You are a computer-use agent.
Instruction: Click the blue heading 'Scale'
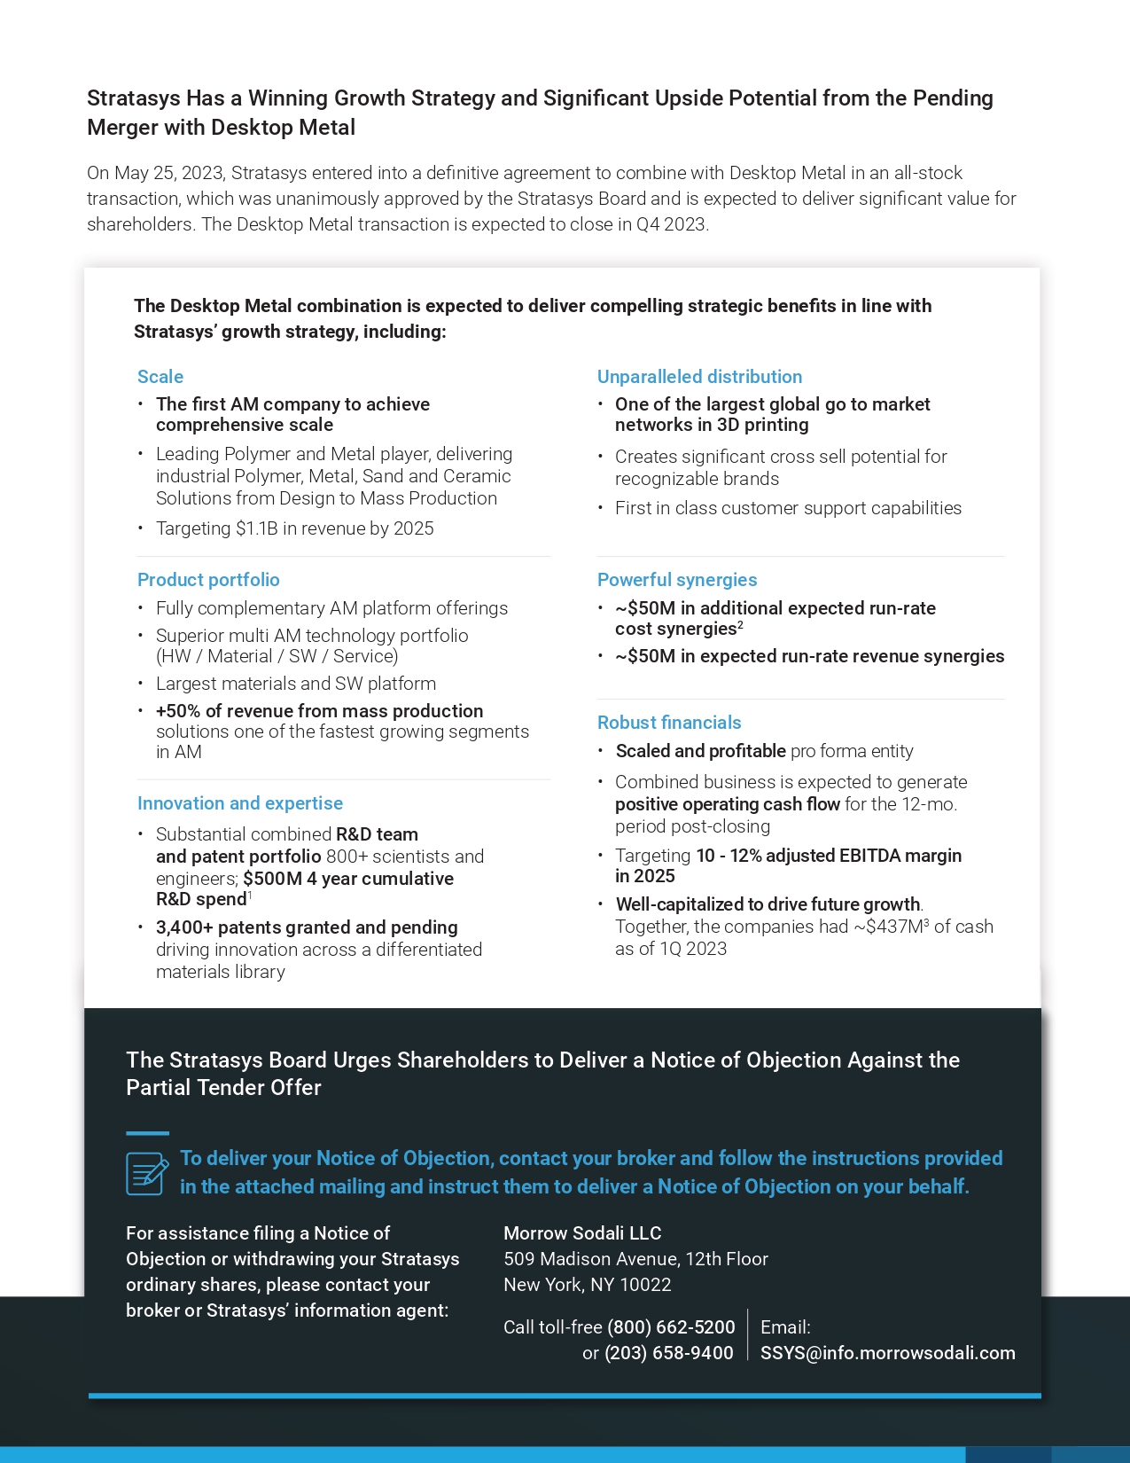(160, 377)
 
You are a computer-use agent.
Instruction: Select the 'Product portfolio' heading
(208, 580)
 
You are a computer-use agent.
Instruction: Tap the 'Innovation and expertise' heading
(240, 803)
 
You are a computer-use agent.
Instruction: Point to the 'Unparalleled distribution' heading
(699, 377)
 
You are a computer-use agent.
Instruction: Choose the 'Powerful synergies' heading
(677, 580)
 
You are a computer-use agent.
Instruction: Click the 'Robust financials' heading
(669, 723)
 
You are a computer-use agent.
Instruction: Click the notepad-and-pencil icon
(146, 1173)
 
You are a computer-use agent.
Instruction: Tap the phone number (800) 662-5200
(671, 1327)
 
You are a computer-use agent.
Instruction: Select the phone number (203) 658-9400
(668, 1353)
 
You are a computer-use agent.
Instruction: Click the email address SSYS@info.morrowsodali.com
(887, 1353)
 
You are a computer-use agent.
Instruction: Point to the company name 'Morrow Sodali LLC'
(582, 1233)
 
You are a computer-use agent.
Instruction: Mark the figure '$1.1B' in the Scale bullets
(257, 528)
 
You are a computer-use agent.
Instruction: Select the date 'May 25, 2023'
(168, 173)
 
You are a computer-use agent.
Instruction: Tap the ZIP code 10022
(645, 1285)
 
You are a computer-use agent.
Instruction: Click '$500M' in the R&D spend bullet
(272, 879)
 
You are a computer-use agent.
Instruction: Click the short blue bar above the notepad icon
(147, 1133)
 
